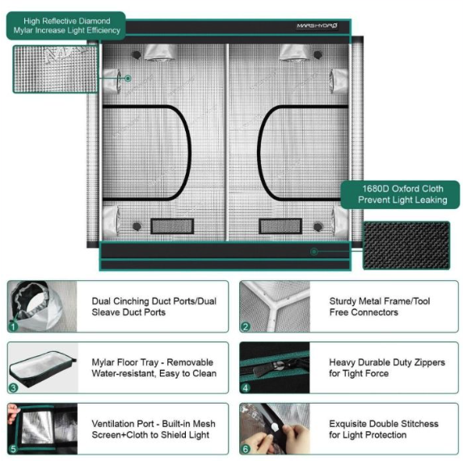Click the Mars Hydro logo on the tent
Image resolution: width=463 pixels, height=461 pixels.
(x=317, y=26)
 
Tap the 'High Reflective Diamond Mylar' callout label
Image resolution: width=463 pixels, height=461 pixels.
(x=66, y=26)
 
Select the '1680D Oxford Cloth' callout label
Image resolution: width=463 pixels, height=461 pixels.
(x=400, y=195)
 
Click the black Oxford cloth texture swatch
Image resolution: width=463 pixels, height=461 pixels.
(x=406, y=245)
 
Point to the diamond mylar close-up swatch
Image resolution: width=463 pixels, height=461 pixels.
(x=55, y=69)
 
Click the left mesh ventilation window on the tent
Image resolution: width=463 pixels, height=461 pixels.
(x=172, y=226)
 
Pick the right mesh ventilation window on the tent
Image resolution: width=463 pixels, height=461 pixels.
(x=280, y=226)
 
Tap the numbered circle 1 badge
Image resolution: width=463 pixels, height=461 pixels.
(x=13, y=326)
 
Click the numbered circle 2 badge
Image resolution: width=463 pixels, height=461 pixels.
(x=246, y=326)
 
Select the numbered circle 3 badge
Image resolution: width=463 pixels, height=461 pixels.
(x=13, y=388)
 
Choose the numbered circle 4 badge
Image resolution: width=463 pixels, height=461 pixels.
(x=246, y=388)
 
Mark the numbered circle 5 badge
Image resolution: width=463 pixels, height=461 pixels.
(x=13, y=449)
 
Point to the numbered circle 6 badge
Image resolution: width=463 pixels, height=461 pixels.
(x=246, y=449)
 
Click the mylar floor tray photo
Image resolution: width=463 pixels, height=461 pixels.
(x=43, y=367)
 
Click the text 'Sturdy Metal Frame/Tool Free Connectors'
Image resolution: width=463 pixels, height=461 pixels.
(x=380, y=307)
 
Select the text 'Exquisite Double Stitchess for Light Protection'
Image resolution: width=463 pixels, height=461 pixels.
(x=384, y=430)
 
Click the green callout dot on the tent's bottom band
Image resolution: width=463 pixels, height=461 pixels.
(x=314, y=252)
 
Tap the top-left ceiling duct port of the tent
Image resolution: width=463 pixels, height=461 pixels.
(x=161, y=53)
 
